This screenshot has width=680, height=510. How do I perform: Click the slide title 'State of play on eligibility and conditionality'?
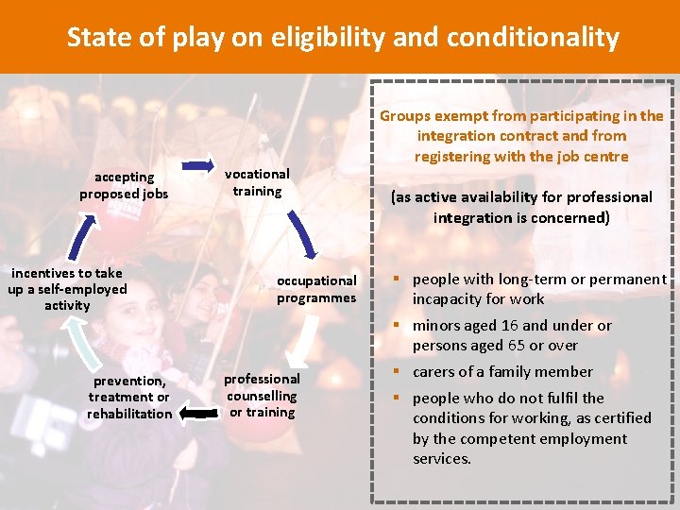coord(342,37)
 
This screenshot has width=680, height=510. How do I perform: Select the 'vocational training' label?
coord(257,182)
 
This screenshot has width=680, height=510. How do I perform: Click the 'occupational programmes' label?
coord(316,289)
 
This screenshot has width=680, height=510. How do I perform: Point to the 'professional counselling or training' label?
coord(262,396)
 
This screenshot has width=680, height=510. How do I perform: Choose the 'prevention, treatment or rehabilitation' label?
coord(129,397)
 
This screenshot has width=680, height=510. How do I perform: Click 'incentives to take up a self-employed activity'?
coord(67,289)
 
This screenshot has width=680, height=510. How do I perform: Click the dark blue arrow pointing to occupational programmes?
coord(301,232)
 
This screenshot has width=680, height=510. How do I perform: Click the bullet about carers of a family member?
coord(502,372)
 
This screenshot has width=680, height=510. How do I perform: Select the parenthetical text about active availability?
coord(521,207)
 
